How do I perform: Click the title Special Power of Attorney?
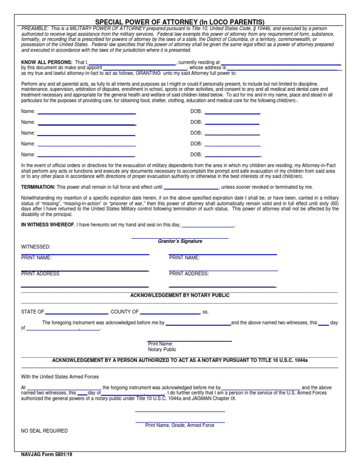(180, 22)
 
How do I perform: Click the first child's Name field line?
(87, 113)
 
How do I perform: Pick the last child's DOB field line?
(232, 155)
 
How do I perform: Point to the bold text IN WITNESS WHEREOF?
(48, 225)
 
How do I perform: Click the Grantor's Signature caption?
(180, 241)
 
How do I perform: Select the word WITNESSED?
(36, 247)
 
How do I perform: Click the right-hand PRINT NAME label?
(184, 257)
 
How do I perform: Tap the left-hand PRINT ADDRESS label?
(40, 274)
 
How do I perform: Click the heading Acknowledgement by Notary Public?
(180, 295)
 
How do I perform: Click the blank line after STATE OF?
(76, 313)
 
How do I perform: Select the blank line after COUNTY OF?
(170, 313)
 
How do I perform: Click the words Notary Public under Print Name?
(162, 349)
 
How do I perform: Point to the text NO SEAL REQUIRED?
(45, 431)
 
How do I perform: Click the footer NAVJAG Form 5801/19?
(46, 455)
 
